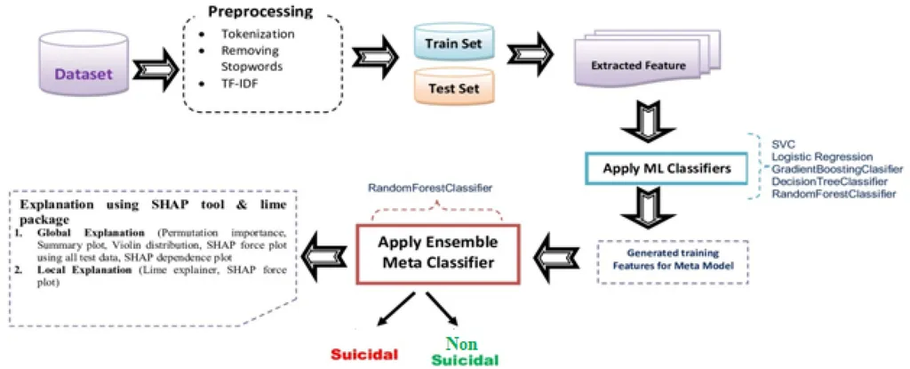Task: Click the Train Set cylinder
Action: click(453, 43)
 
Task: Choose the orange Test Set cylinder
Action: click(453, 88)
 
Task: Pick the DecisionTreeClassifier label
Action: click(817, 181)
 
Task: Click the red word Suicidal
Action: click(363, 353)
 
